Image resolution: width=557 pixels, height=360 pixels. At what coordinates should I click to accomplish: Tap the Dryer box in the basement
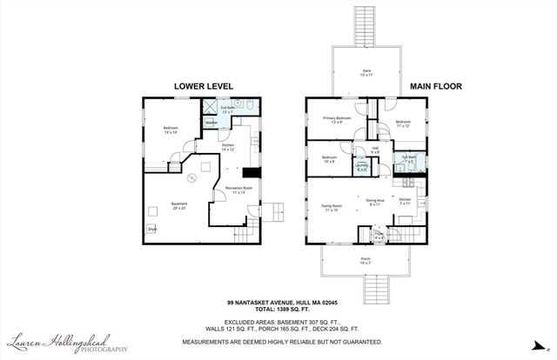151,229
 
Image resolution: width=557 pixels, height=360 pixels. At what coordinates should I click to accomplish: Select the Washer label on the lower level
210,123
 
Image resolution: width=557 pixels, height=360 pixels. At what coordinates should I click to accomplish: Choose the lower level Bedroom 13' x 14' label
171,131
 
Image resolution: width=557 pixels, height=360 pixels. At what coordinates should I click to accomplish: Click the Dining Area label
375,201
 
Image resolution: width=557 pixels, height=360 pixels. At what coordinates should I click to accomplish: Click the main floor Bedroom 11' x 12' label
402,123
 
